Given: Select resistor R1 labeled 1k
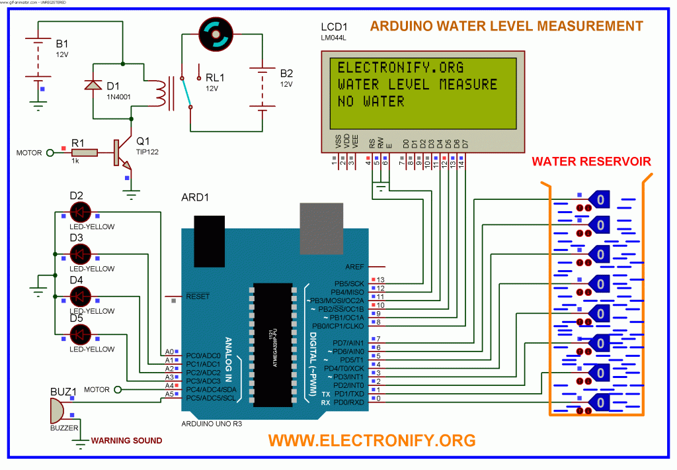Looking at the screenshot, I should coord(85,153).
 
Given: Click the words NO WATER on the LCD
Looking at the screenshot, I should coord(371,101).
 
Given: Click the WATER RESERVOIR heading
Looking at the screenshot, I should coord(591,161).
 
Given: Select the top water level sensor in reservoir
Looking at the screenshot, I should coord(600,198).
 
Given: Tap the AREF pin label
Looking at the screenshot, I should coord(354,266).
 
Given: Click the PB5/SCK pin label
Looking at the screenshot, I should coord(350,285).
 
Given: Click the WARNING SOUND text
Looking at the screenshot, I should coord(126,440).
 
